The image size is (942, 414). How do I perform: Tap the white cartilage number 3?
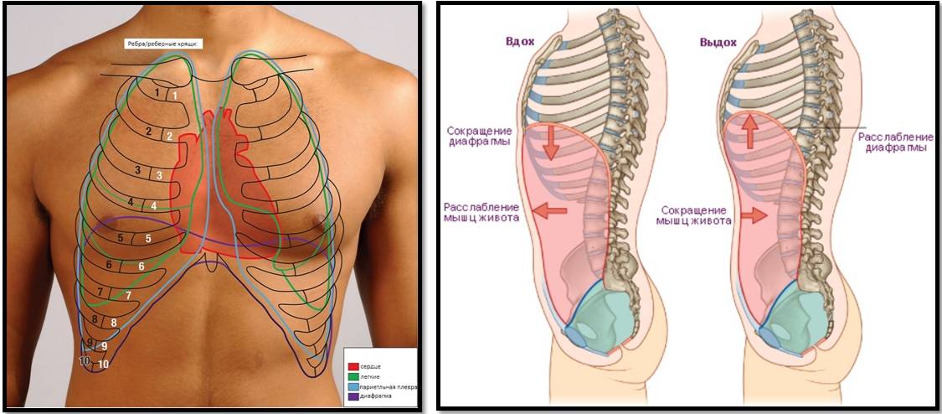158,175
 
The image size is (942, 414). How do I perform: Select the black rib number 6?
109,265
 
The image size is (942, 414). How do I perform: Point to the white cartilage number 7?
128,295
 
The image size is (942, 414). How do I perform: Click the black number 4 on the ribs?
131,203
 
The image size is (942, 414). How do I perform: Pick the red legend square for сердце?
353,367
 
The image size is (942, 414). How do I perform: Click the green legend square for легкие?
353,377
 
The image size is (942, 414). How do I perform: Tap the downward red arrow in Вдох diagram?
551,143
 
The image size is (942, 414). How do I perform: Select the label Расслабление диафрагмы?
893,142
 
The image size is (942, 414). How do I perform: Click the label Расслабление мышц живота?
480,213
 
